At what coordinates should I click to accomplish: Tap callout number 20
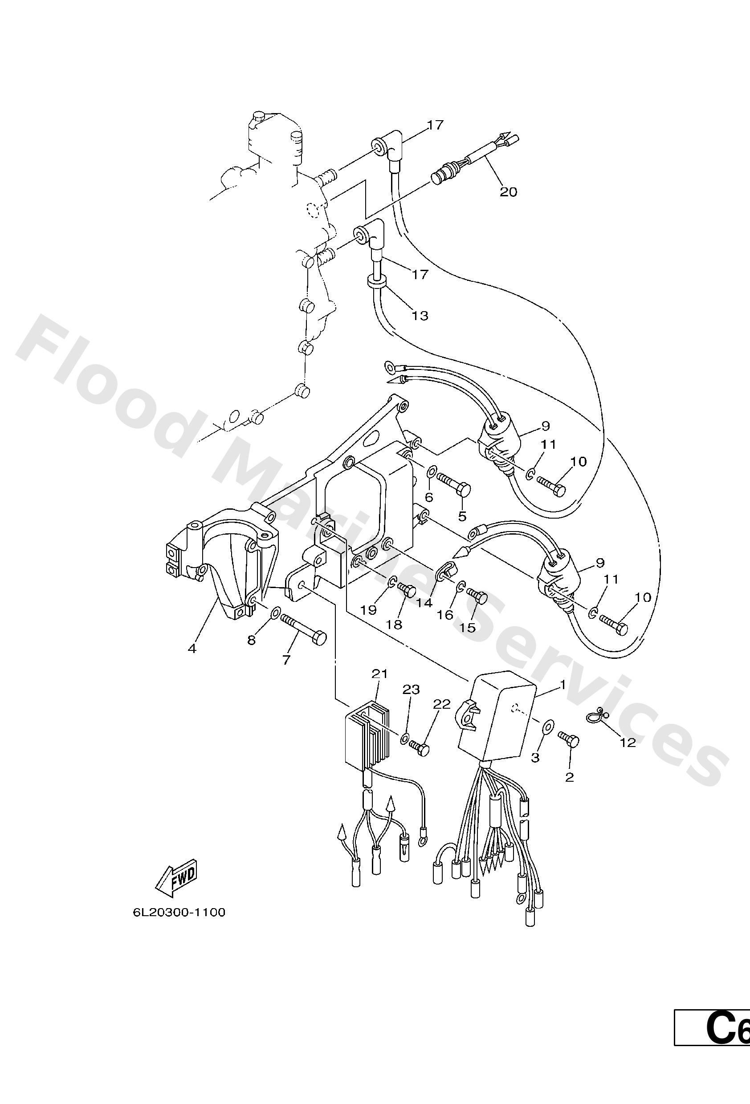(x=508, y=192)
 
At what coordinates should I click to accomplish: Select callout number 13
(x=420, y=316)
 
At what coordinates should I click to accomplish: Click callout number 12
(x=628, y=743)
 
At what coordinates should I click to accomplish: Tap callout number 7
(x=286, y=660)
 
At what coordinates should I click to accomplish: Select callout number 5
(x=462, y=516)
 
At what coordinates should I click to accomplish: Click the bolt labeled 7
(x=303, y=629)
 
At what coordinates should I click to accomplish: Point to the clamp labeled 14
(x=446, y=568)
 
